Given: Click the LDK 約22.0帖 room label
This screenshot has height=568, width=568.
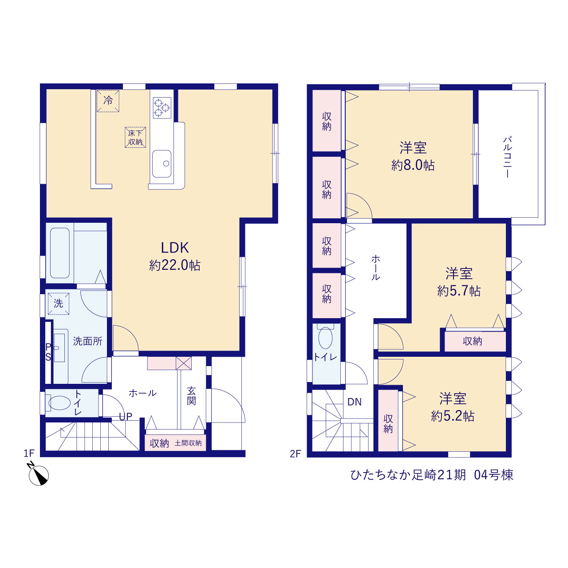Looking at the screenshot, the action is tap(175, 256).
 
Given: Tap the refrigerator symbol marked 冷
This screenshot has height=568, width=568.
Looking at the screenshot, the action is tap(108, 101).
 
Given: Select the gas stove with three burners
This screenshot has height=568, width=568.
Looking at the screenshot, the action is tap(162, 108).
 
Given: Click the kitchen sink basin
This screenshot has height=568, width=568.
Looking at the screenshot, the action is tap(162, 164).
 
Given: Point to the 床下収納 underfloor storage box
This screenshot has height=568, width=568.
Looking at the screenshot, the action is tap(135, 138).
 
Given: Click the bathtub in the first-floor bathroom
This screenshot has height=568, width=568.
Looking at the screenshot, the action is tap(60, 253).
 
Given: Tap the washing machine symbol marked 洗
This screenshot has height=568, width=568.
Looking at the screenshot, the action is tap(59, 304).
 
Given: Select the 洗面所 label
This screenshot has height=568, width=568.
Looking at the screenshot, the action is tap(87, 341).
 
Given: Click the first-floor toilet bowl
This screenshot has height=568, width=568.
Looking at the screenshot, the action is tap(59, 403).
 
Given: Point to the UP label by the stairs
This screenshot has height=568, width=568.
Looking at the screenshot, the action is tap(126, 416).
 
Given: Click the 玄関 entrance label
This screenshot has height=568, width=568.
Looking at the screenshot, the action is tap(191, 396).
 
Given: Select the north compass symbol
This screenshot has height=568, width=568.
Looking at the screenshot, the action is tap(38, 474).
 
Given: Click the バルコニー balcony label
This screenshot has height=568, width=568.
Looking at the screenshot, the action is tap(507, 157).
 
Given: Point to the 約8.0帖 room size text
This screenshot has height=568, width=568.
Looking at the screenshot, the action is tap(413, 166).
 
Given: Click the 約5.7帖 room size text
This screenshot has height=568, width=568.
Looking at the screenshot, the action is tap(459, 291).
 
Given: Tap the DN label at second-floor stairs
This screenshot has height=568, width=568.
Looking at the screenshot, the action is tap(354, 402).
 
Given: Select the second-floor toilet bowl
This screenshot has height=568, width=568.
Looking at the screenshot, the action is tap(325, 337).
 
